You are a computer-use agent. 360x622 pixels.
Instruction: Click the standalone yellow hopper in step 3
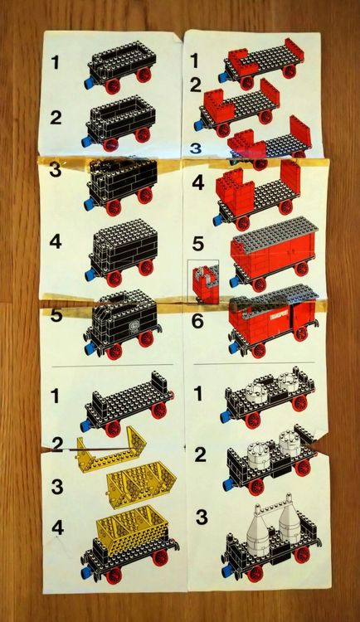point(134,481)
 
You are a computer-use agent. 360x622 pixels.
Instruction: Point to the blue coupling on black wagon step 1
point(85,83)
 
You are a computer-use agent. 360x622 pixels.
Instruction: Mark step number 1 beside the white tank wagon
point(200,396)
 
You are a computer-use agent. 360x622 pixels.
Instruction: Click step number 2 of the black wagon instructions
point(55,117)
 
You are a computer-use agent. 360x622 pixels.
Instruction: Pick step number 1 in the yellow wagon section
point(55,396)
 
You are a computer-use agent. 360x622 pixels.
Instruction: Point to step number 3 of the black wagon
point(55,171)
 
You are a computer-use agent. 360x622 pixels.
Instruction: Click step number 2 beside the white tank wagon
point(200,454)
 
